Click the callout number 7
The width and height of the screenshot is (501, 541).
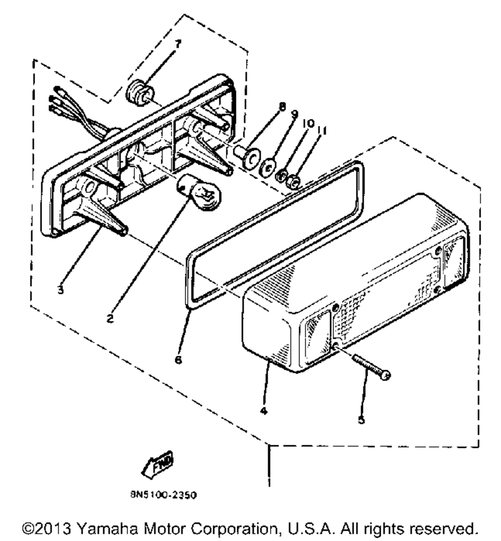click(x=177, y=44)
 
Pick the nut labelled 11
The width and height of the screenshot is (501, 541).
click(x=295, y=180)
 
